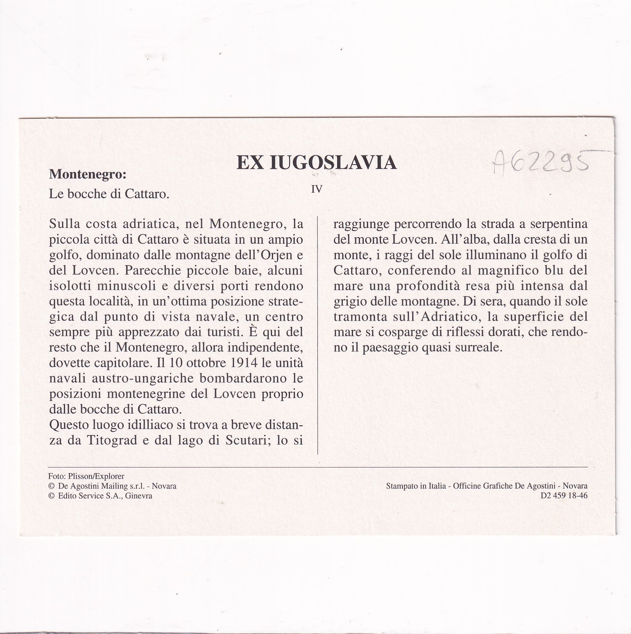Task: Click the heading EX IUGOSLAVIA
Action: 317,163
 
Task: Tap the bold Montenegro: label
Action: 88,174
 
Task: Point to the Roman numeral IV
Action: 317,189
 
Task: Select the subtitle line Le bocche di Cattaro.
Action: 109,194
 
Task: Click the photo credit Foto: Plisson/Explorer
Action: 86,476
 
